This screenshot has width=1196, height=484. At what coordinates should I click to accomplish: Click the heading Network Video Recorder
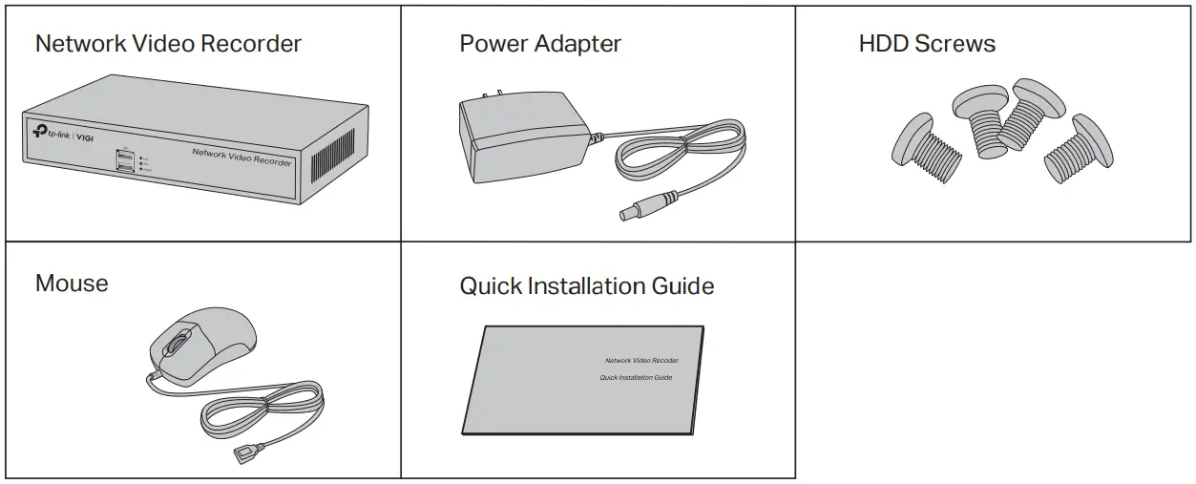coord(168,44)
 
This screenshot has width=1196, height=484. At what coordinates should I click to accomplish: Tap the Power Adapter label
coord(540,44)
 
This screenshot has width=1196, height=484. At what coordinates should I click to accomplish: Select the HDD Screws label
coord(926,44)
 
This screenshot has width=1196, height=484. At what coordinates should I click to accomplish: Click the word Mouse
coord(72,284)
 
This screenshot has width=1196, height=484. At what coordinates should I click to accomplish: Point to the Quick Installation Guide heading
coord(586,286)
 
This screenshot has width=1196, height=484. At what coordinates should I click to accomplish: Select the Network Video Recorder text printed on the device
coord(241,158)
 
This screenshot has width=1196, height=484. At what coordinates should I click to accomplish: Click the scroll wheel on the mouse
coord(177,344)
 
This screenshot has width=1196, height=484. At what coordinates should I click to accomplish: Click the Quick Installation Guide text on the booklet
coord(636,378)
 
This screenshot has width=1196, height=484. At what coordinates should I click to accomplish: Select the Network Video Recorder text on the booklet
coord(641,361)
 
